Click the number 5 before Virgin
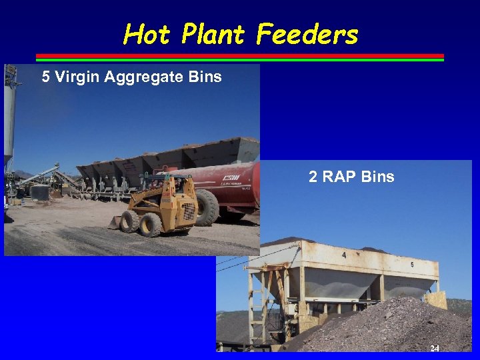(x=45, y=77)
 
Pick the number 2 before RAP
(x=313, y=177)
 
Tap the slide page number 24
(x=435, y=349)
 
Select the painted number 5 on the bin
(x=411, y=265)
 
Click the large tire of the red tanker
(x=207, y=208)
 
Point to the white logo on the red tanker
(x=231, y=178)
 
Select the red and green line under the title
(x=239, y=57)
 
